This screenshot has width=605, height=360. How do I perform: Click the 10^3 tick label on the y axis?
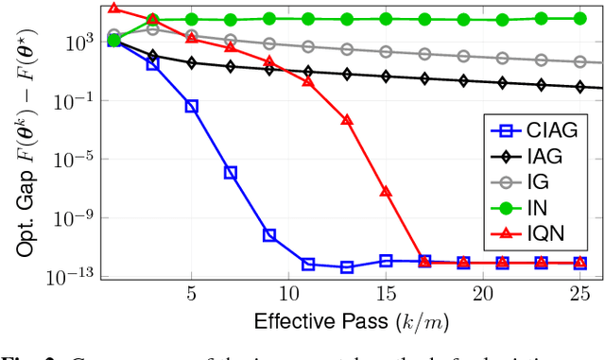tap(78, 42)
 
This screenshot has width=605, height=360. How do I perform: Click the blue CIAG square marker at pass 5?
tap(192, 107)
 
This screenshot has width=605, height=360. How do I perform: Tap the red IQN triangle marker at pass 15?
tap(386, 192)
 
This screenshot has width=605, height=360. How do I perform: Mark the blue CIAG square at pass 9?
tap(269, 235)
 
